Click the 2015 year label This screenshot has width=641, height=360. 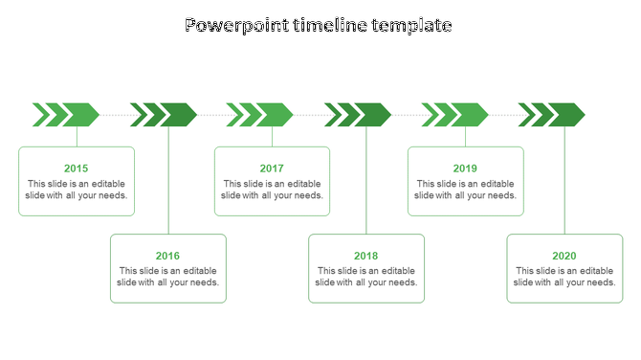(x=77, y=169)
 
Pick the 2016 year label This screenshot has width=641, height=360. (x=168, y=256)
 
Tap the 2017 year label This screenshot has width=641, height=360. (x=272, y=169)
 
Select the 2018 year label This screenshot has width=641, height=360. (x=366, y=256)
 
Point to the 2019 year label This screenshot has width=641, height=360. (x=466, y=169)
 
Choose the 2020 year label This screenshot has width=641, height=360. (x=564, y=256)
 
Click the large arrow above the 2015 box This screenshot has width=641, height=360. (x=82, y=115)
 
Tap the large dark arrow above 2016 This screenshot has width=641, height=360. (x=179, y=115)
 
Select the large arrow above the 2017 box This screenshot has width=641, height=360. (x=276, y=115)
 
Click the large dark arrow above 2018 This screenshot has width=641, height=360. (x=373, y=115)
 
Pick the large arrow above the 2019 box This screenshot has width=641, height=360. (x=470, y=115)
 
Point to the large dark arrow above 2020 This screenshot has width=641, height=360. (x=566, y=115)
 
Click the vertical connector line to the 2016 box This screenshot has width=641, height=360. (x=169, y=182)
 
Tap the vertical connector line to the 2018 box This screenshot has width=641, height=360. (x=366, y=182)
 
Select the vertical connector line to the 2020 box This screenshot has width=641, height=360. (x=564, y=182)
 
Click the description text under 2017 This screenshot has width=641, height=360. (x=272, y=190)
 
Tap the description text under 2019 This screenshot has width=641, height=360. (x=466, y=190)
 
